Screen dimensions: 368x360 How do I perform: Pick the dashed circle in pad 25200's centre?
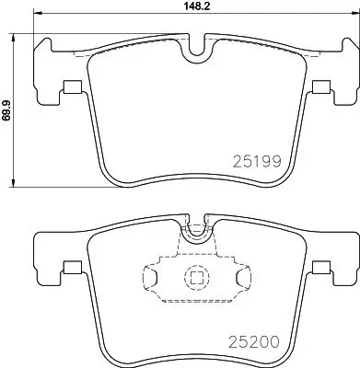click(x=195, y=276)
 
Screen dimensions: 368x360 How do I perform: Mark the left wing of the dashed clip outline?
click(x=154, y=276)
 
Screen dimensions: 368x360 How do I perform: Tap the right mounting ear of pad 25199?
click(x=336, y=69)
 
